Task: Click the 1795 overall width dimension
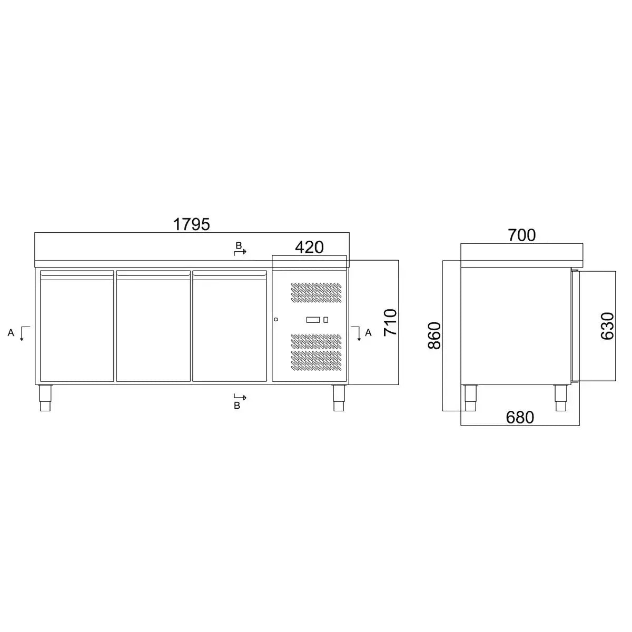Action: pyautogui.click(x=191, y=224)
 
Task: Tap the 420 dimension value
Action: pyautogui.click(x=309, y=248)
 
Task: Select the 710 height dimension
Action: pyautogui.click(x=390, y=322)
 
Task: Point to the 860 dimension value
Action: pyautogui.click(x=434, y=335)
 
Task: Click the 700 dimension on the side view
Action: pyautogui.click(x=522, y=235)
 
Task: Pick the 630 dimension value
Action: pyautogui.click(x=607, y=326)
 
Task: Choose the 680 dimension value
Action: pyautogui.click(x=520, y=418)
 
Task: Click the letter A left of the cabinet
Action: pyautogui.click(x=11, y=332)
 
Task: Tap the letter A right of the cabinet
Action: pyautogui.click(x=368, y=332)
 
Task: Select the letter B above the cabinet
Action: pyautogui.click(x=239, y=245)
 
